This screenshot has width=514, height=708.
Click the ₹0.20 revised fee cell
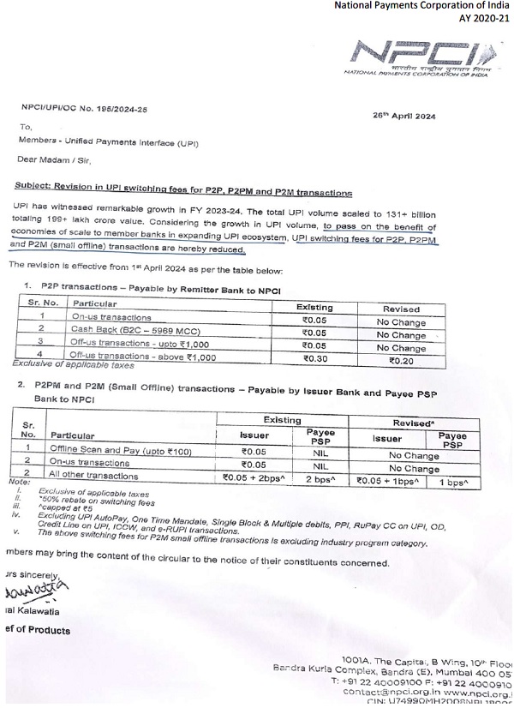pyautogui.click(x=401, y=362)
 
